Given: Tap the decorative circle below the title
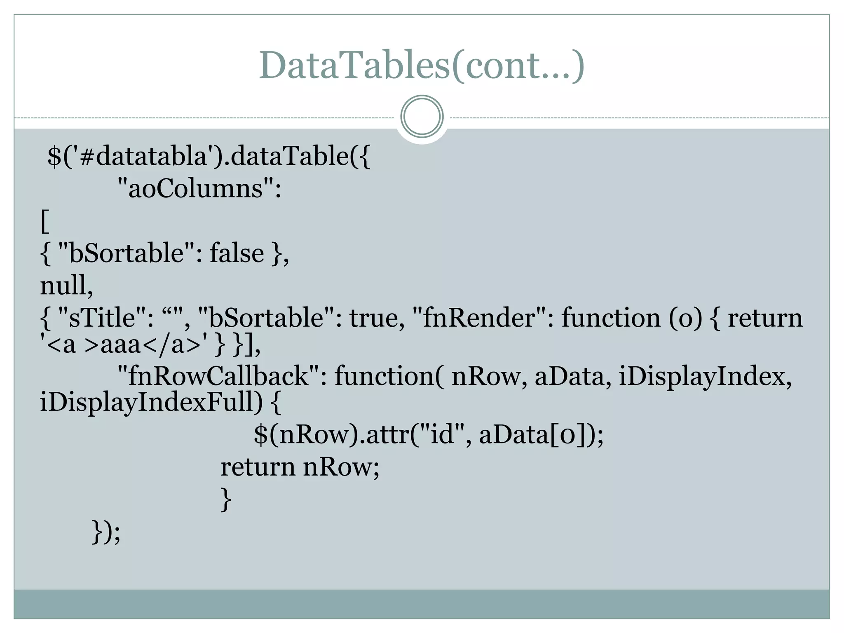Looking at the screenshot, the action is (x=422, y=117).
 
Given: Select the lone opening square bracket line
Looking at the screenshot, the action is (x=45, y=221).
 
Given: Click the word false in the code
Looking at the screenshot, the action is (x=237, y=253).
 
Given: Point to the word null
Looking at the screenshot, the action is (x=66, y=285).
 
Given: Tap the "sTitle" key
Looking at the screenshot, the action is (x=103, y=318).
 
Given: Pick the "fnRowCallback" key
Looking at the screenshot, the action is (x=218, y=376).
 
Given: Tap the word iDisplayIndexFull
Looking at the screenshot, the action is (x=150, y=402).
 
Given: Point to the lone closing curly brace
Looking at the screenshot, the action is (x=226, y=499).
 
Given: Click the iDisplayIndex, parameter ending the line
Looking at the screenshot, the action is (x=705, y=376).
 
